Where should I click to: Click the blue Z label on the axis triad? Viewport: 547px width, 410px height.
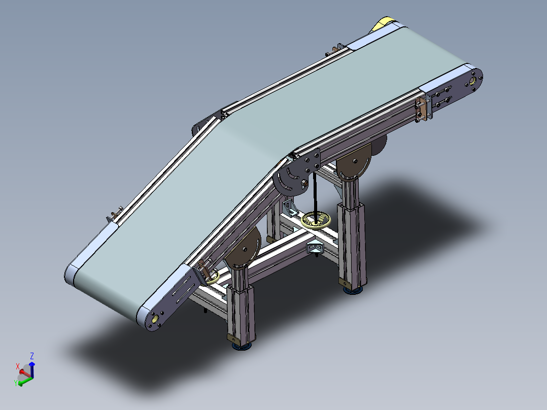32,356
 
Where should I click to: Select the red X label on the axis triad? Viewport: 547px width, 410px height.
18,366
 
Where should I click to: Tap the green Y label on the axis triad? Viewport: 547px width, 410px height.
16,383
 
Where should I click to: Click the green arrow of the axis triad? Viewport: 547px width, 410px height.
25,382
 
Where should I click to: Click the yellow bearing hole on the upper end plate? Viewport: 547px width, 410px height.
473,81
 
